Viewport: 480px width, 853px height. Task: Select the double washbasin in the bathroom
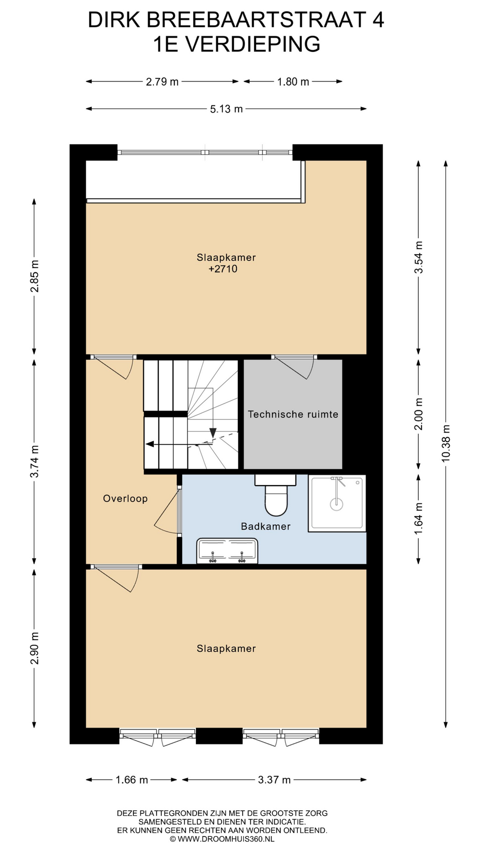point(227,551)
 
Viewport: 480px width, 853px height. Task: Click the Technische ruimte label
point(293,415)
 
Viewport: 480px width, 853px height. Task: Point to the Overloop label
point(125,498)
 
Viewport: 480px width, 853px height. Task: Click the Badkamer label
point(266,526)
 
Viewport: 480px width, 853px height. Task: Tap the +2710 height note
point(223,269)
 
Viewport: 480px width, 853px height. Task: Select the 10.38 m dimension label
point(446,443)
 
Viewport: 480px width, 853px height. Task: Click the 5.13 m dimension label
point(226,109)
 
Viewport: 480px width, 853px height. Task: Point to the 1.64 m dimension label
point(418,519)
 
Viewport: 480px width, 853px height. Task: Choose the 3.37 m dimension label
point(274,780)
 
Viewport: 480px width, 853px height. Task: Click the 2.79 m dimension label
point(162,82)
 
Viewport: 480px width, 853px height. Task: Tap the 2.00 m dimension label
point(418,414)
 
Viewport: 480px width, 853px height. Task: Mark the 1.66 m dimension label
point(132,780)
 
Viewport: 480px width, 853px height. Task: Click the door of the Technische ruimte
point(294,367)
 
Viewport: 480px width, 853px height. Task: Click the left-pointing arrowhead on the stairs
point(150,444)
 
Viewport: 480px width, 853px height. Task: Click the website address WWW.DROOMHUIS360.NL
point(226,839)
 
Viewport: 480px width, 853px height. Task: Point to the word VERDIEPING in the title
point(252,44)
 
